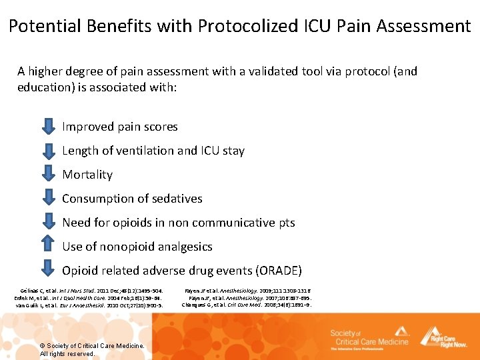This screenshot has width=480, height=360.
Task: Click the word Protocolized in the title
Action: coord(240,26)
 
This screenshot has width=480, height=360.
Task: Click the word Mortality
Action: coord(87,175)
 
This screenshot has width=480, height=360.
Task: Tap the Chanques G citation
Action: coord(246,305)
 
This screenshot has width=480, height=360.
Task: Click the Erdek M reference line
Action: coord(87,298)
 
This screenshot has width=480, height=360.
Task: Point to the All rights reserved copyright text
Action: coord(67,353)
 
